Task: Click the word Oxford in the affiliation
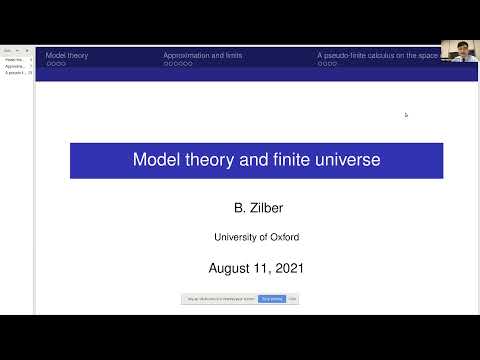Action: click(x=282, y=237)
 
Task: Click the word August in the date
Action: click(x=230, y=268)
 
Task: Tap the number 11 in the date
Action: click(x=262, y=268)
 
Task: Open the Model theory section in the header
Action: click(x=67, y=55)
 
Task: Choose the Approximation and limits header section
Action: click(x=202, y=55)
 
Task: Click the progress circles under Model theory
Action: click(x=56, y=64)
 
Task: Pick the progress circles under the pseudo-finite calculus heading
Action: click(x=327, y=64)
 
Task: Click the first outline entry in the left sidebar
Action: click(x=16, y=59)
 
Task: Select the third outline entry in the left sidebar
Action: click(x=16, y=73)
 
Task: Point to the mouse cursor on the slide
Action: click(x=406, y=115)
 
